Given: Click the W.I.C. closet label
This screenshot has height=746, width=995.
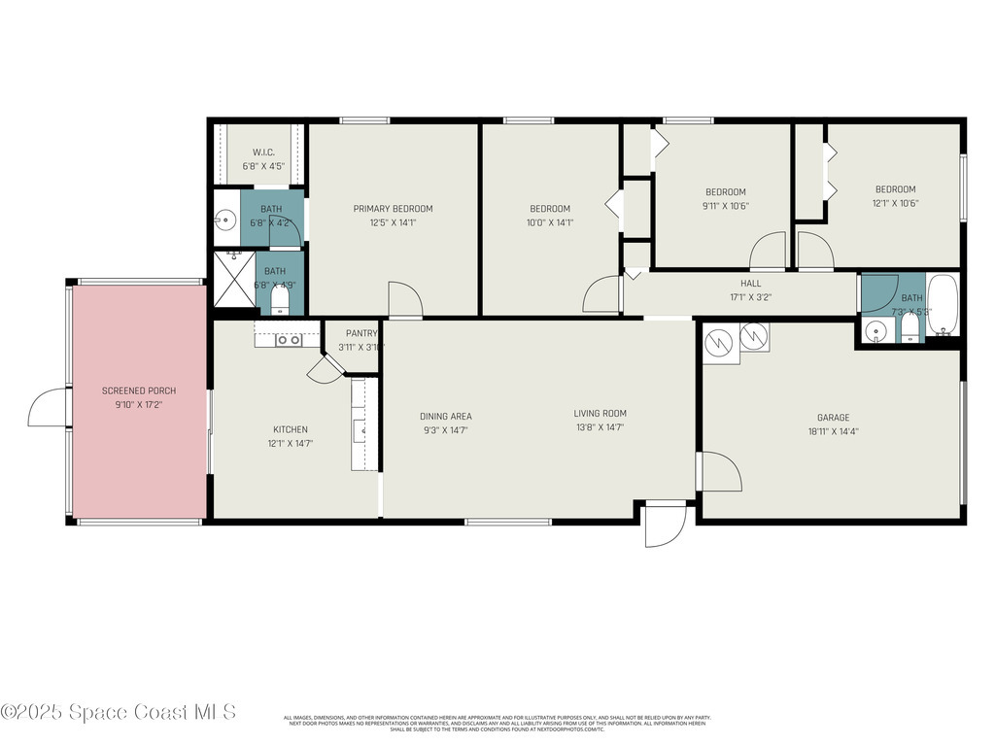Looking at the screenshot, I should pos(263,153).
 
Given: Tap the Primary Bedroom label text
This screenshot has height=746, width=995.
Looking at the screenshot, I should pos(393,209).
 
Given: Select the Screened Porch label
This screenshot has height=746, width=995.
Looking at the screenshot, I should pos(139,390).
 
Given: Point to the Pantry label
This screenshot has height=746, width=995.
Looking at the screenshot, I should pos(360,333).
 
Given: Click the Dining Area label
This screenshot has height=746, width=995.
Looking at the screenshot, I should pos(446,417).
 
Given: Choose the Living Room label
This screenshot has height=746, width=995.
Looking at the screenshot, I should pos(600,413).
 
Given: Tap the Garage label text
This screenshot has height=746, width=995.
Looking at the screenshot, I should pos(833,418).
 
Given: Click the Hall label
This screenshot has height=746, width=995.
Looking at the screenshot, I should pos(751,284).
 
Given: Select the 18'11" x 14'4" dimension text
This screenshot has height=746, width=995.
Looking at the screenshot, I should pos(833,431).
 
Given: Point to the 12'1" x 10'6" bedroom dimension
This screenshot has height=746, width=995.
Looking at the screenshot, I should pos(895,203).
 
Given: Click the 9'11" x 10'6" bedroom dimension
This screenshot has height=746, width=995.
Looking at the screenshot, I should pos(725,205).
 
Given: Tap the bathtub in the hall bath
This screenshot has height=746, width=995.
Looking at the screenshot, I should pos(943,305).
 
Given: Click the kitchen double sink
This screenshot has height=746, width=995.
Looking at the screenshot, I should pos(288,340).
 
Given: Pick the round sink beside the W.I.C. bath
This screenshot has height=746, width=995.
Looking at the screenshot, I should pos(225,220).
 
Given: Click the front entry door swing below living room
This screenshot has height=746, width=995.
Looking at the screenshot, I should pos(665,525).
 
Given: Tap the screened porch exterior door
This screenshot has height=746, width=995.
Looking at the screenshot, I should pos(49,408).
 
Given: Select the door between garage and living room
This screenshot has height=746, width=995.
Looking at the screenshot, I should pos(719,471).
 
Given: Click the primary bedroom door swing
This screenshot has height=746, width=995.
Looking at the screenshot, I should pos(404,299).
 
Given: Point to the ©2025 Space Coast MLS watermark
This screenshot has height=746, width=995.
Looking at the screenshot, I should pos(119,712).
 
